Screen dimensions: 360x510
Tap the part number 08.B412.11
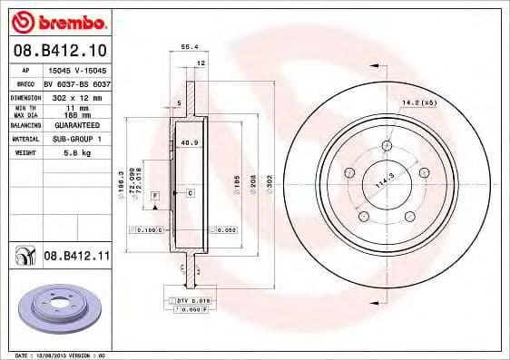click(76, 258)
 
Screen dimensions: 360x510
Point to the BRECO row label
click(25, 83)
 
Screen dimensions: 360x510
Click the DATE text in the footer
click(25, 355)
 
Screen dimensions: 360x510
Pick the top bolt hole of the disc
click(387, 145)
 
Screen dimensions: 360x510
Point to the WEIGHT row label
click(25, 153)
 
